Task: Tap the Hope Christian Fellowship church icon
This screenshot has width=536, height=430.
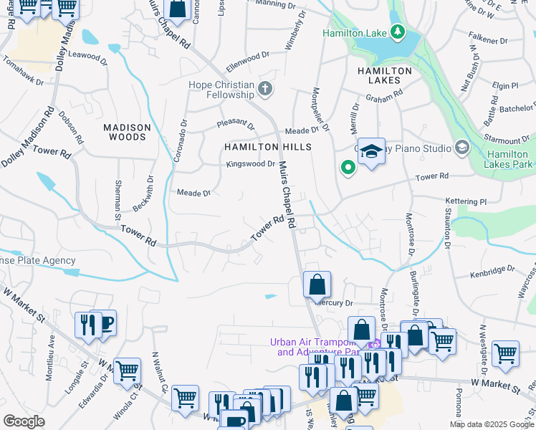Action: click(x=266, y=90)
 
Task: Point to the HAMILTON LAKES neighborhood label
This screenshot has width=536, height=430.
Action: click(x=385, y=76)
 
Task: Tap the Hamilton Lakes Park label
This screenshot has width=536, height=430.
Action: click(x=509, y=159)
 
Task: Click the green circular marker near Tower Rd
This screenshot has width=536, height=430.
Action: click(x=348, y=168)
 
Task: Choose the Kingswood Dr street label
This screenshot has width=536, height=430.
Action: click(x=251, y=164)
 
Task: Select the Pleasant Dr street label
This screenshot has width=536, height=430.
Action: click(x=236, y=124)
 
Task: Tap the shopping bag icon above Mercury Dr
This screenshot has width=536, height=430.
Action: click(x=317, y=285)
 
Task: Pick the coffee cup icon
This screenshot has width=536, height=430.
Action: click(x=105, y=323)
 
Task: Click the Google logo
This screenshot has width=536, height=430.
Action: click(x=24, y=421)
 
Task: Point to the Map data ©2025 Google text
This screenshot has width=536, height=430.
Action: click(x=491, y=424)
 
